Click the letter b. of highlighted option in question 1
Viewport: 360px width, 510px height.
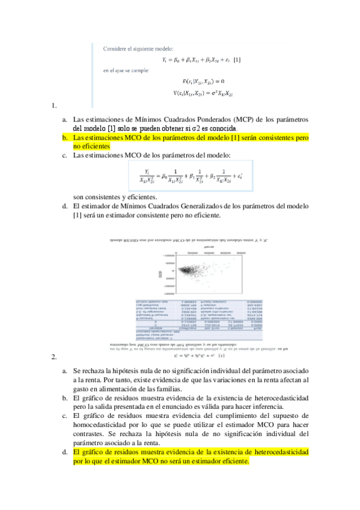[65, 137]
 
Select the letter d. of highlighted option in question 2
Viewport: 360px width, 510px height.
[65, 452]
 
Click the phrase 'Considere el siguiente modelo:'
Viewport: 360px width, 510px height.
[138, 48]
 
